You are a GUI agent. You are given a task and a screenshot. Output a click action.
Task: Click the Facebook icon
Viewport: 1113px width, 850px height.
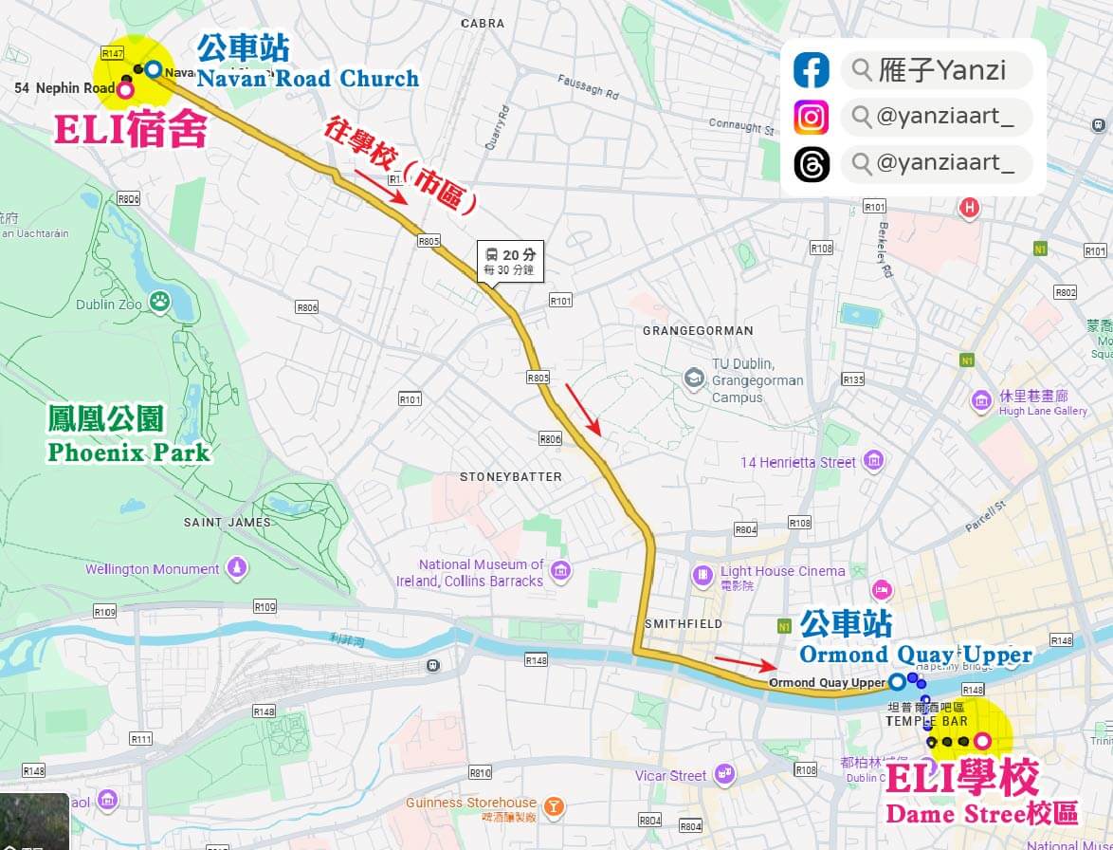[812, 70]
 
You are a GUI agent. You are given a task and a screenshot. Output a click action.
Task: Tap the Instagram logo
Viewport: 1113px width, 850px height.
[812, 117]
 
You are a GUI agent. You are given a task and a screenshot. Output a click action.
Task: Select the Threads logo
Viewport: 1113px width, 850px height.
[812, 163]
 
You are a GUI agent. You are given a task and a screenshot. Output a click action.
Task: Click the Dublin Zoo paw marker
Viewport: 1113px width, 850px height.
[160, 302]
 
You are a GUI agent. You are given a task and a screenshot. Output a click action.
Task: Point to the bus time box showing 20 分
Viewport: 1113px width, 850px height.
[510, 260]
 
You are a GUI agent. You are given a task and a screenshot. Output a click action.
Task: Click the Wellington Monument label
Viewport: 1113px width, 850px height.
[152, 569]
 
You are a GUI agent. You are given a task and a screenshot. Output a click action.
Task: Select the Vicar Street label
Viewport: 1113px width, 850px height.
[670, 775]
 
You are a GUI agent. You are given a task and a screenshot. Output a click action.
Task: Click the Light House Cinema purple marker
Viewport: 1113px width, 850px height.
[702, 574]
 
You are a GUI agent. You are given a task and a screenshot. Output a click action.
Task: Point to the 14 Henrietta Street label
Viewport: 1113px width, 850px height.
[797, 462]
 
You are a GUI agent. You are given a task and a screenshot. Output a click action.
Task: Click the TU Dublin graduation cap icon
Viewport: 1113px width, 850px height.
[694, 378]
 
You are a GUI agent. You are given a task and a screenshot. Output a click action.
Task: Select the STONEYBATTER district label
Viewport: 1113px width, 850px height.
[511, 476]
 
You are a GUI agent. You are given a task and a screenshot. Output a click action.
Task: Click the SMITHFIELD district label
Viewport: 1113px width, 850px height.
[683, 623]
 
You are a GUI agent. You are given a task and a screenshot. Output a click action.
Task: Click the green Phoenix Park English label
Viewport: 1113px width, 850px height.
[129, 453]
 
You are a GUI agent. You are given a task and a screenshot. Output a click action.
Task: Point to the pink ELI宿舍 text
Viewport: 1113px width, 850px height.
[130, 131]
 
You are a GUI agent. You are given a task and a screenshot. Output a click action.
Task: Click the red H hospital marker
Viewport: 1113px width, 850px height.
[969, 207]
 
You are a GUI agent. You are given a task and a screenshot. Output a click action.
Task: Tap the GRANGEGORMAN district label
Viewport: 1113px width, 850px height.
[698, 330]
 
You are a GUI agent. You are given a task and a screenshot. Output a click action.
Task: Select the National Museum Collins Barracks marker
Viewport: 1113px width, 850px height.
[560, 571]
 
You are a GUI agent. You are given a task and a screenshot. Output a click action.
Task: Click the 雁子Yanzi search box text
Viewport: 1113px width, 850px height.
[942, 70]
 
